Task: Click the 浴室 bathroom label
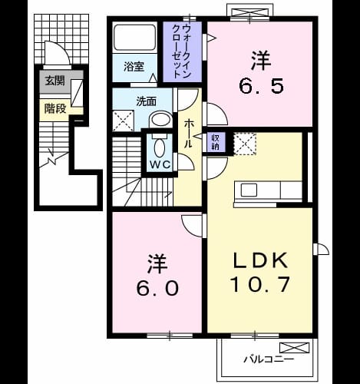pos(134,67)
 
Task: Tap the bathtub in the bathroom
pos(135,38)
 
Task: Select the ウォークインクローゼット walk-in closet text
pos(181,51)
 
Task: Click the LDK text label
pos(260,260)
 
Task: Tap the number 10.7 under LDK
pos(260,284)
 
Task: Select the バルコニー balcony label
pos(269,359)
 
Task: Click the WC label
pos(160,164)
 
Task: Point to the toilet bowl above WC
pos(160,147)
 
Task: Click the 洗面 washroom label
pos(146,102)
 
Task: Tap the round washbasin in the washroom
pos(160,120)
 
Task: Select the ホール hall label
pos(188,134)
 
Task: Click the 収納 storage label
pos(215,142)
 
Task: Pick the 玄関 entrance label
pos(55,81)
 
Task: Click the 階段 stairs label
pos(55,109)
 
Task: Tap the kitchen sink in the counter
pos(249,190)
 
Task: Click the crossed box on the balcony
pos(294,348)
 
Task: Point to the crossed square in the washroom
pos(123,121)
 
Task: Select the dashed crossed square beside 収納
pos(245,144)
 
